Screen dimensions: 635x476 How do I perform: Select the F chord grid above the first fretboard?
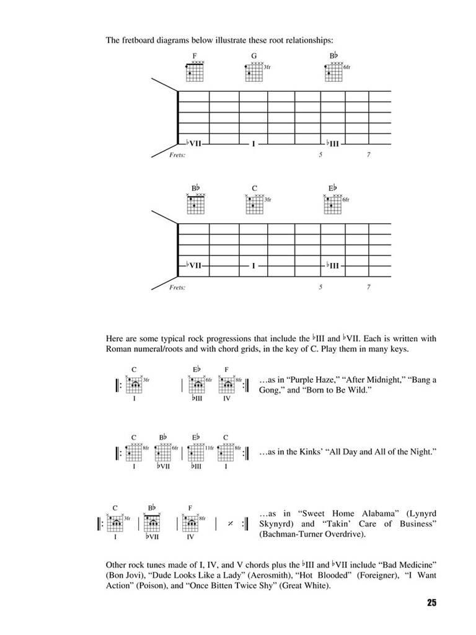(x=195, y=72)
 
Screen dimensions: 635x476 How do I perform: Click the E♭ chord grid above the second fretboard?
(x=332, y=204)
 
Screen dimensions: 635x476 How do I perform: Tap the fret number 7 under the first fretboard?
(x=368, y=155)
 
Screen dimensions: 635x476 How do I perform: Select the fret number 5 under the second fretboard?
(x=321, y=288)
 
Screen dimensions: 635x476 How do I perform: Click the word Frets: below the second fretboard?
(x=178, y=288)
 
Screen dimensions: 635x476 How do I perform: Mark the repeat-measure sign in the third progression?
(x=229, y=523)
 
